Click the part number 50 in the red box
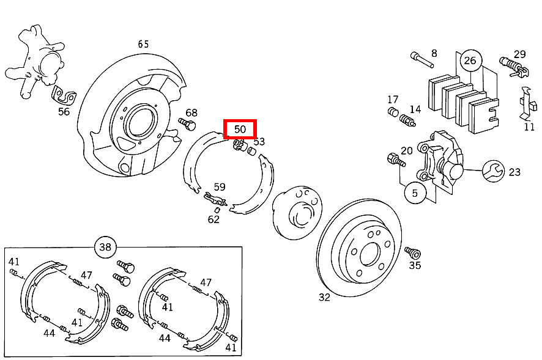240,129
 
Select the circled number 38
105,248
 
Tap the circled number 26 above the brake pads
470,60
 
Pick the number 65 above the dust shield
143,44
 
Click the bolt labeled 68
186,124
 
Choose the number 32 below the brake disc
324,298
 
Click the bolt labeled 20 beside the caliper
395,160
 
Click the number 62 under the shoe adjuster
213,219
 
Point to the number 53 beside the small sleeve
259,142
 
